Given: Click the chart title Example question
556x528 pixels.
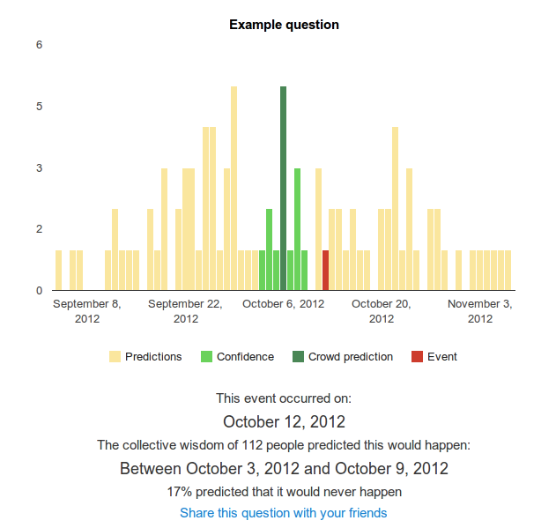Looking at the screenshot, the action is click(x=284, y=25).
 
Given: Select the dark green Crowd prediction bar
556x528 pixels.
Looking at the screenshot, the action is click(x=284, y=189).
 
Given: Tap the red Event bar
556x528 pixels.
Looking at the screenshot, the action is click(x=325, y=271).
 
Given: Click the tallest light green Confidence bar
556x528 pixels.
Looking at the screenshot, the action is click(x=298, y=229).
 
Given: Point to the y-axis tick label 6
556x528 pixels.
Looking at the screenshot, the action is click(x=39, y=45).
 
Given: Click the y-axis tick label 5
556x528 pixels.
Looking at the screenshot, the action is click(x=39, y=106).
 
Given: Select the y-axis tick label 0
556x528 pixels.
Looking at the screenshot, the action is click(x=39, y=291).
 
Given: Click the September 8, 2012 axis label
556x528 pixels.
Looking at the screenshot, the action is click(x=87, y=311).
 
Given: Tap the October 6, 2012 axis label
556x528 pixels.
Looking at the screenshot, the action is click(x=284, y=304).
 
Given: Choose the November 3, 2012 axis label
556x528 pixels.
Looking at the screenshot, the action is click(x=480, y=311).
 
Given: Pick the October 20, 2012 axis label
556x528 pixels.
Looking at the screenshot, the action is click(x=382, y=311).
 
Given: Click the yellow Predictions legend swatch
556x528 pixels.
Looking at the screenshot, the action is click(x=115, y=357).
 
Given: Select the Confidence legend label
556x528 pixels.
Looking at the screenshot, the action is click(x=245, y=357).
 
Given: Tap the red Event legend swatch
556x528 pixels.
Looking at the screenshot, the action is click(x=417, y=357).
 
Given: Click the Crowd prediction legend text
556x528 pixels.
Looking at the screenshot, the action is click(x=351, y=357).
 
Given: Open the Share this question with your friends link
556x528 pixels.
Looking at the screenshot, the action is click(x=284, y=513).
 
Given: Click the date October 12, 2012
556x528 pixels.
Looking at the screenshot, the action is click(x=284, y=422).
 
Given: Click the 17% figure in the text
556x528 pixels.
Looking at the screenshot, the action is click(x=180, y=492).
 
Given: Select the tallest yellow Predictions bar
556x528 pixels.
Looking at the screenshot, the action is click(x=234, y=189).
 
